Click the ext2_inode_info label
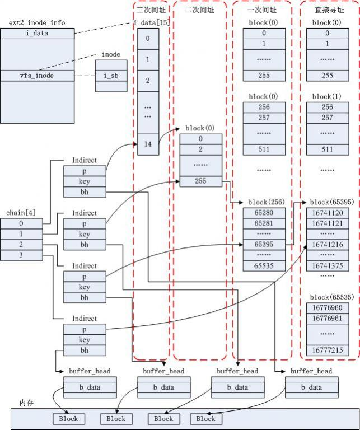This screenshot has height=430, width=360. pos(37,22)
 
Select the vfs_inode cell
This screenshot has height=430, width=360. pos(37,75)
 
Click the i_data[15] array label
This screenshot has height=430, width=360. pos(151,22)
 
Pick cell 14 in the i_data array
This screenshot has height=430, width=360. pos(148,144)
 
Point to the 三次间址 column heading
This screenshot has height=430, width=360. pos(151,10)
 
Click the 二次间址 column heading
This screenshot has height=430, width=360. pos(200,10)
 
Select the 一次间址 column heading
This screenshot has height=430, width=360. pos(261,10)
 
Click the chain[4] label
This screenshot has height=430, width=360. pos(16,213)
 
